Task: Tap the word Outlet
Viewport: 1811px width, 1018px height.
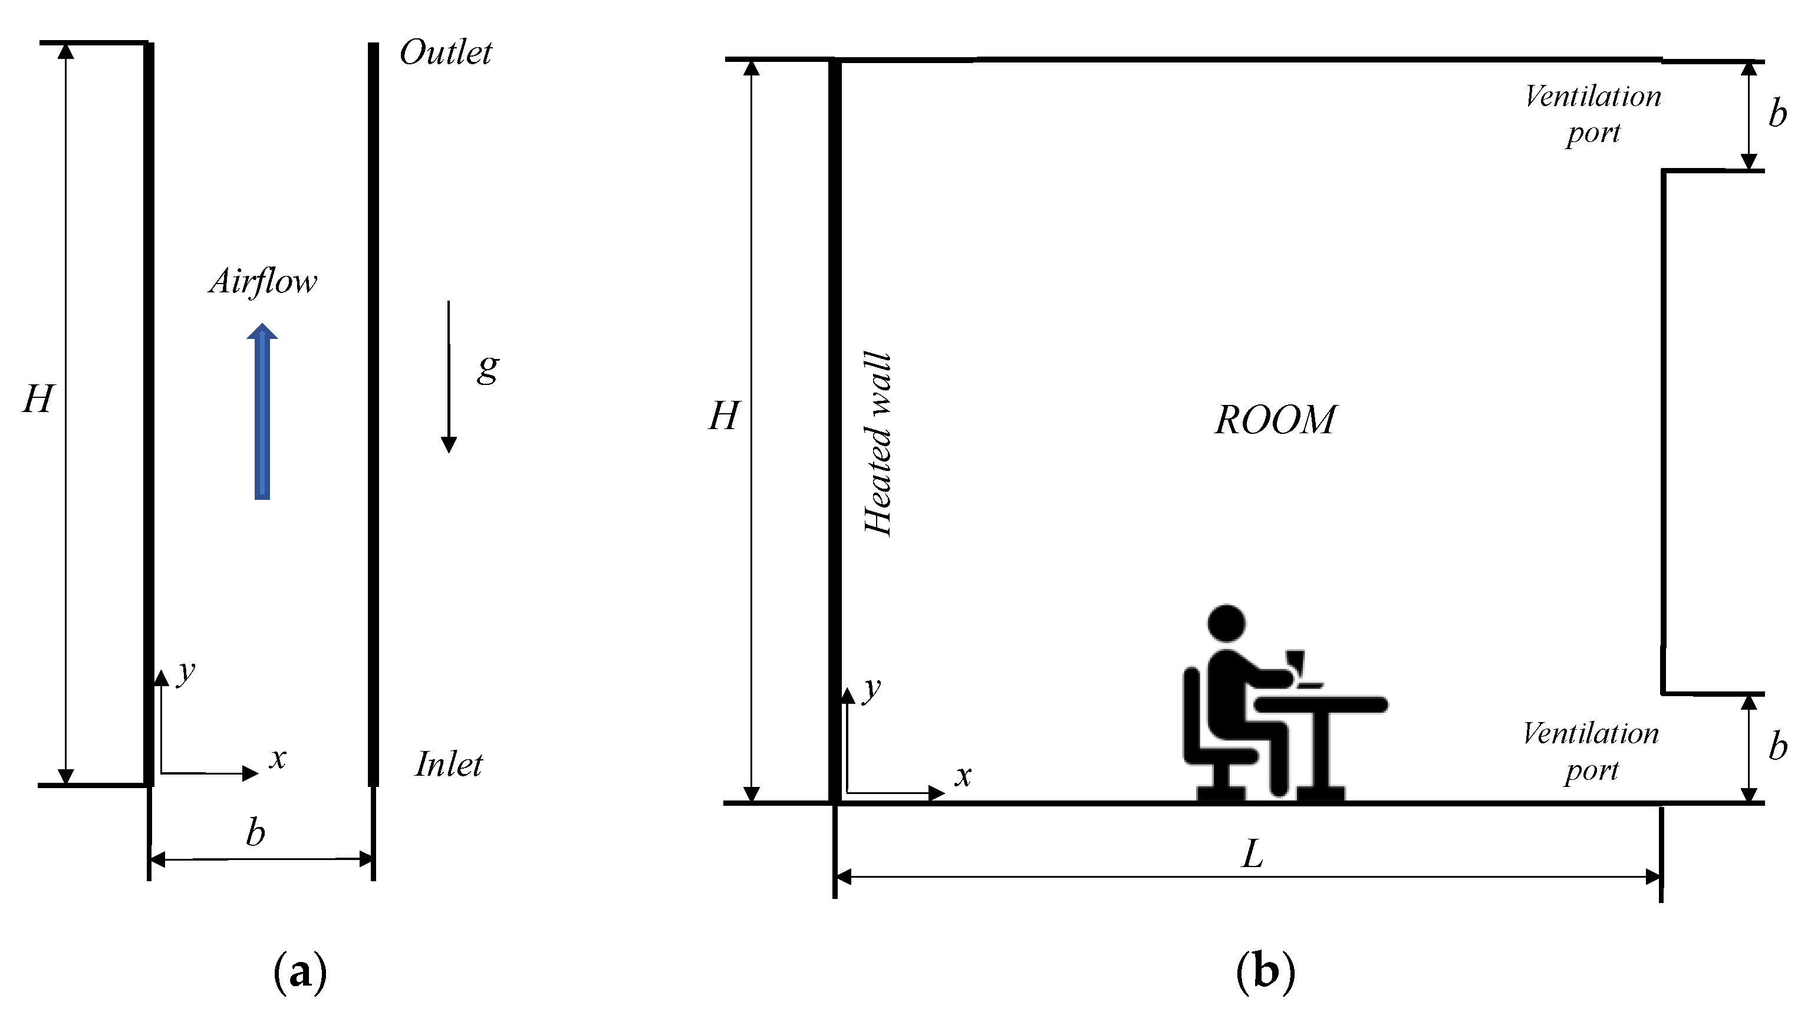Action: [446, 52]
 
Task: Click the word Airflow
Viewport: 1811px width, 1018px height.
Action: [263, 282]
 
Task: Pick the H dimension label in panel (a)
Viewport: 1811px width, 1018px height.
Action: [37, 399]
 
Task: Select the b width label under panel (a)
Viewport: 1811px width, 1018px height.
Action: [255, 833]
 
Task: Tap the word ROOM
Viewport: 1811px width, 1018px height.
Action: [1275, 420]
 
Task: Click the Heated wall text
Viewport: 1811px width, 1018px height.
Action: [877, 444]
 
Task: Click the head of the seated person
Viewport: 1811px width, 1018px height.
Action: [1226, 624]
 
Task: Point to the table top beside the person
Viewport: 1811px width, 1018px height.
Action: [1322, 704]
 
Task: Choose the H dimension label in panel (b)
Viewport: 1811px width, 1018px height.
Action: [723, 416]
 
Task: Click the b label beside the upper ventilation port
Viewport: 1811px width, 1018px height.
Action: [1778, 113]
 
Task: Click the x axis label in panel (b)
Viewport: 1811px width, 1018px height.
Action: [963, 776]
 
